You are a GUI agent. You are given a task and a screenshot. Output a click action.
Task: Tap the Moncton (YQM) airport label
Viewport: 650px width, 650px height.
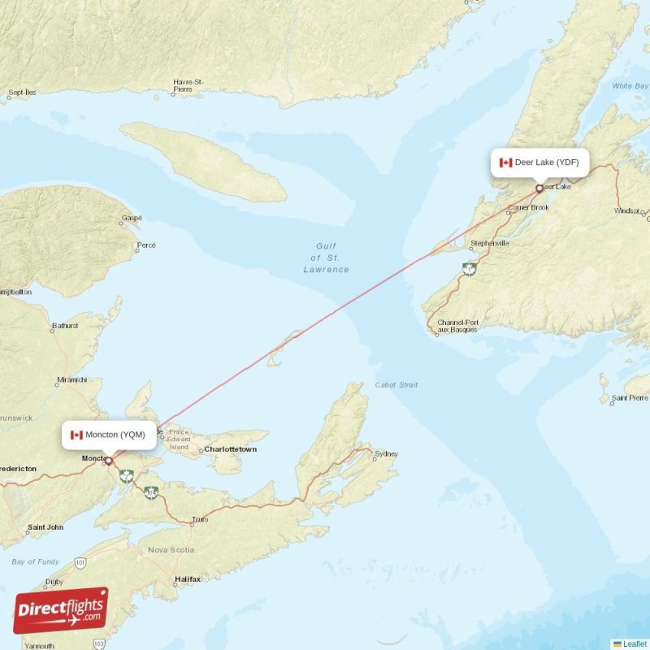tap(108, 435)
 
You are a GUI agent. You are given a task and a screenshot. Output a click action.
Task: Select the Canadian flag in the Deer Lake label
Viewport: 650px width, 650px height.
tap(505, 162)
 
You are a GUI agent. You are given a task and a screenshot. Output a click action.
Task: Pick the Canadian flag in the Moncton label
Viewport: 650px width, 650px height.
tap(76, 435)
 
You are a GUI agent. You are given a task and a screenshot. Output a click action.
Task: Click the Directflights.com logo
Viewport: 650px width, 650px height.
tap(61, 610)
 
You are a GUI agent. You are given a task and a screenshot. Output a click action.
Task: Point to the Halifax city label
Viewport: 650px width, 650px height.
tap(187, 579)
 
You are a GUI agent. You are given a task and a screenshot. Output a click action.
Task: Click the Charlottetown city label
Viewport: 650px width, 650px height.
tap(230, 448)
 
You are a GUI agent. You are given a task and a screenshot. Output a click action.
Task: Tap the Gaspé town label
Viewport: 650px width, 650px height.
tap(131, 218)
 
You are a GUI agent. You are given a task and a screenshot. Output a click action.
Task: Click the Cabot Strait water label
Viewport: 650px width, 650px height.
tap(396, 384)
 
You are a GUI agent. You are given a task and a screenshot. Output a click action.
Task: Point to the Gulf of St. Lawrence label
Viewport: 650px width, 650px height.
tap(326, 258)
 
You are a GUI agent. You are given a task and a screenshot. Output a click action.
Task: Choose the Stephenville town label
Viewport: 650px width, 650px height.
tap(489, 243)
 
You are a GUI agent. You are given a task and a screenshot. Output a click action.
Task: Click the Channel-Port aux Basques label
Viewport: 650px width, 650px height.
tap(457, 327)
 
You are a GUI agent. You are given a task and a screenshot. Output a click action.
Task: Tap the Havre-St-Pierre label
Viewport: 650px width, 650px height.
tap(188, 85)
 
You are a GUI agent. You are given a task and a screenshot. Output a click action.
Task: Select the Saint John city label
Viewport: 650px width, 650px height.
tap(45, 527)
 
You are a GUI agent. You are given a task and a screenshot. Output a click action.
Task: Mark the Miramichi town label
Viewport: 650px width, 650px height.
tap(72, 379)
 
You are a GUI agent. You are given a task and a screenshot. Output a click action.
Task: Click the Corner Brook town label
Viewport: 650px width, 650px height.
tap(528, 208)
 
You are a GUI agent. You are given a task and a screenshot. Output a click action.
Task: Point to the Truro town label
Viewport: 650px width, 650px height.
tap(199, 518)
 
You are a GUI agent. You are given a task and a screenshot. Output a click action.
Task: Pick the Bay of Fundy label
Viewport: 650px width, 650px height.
tap(35, 561)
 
